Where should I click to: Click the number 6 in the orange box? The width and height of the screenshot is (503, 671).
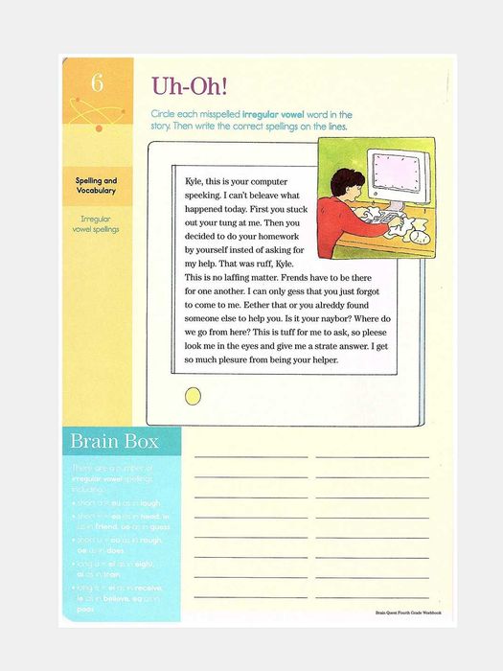click(x=96, y=83)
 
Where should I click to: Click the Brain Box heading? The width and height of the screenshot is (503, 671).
click(x=112, y=442)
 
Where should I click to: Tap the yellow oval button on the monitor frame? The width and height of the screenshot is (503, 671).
click(x=193, y=395)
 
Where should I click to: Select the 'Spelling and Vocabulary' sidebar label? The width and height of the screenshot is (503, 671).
click(x=97, y=186)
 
